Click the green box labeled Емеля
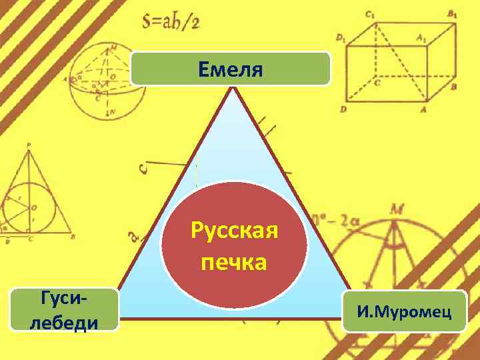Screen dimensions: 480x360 (x=231, y=69)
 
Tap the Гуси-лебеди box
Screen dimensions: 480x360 (x=64, y=309)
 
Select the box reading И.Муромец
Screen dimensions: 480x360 (x=404, y=311)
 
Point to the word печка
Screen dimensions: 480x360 (x=234, y=261)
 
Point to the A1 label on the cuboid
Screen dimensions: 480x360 (x=421, y=39)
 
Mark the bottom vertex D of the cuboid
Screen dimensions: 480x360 (x=343, y=109)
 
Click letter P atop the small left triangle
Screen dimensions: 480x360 (x=29, y=144)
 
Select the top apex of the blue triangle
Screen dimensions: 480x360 (x=233, y=89)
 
